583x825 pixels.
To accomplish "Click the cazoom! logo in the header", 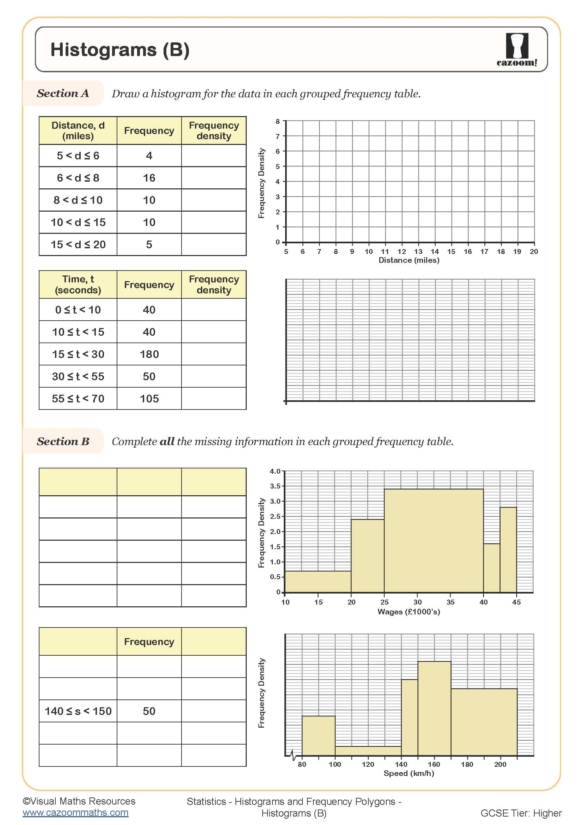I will coord(517,50).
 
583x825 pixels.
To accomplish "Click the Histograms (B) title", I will coord(120,50).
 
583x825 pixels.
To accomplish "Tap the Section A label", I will coord(63,93).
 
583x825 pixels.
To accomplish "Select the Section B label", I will coord(63,441).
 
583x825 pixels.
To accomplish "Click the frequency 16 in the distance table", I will coord(149,178).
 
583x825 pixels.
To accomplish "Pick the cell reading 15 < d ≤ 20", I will coord(78,245).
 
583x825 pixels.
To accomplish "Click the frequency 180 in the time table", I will coord(149,354).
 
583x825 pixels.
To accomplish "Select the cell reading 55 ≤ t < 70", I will coord(78,399).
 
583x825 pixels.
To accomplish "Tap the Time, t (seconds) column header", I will coord(78,285).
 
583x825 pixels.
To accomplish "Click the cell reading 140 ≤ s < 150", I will coord(78,711).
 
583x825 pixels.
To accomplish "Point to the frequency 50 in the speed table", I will coord(149,711).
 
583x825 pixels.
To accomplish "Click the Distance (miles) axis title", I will coord(409,260).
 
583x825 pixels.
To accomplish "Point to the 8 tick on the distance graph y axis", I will coord(277,121).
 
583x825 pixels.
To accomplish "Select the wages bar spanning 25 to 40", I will coord(434,540).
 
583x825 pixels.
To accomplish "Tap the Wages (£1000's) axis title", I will coord(409,612).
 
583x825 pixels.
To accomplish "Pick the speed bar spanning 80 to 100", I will coord(318,736).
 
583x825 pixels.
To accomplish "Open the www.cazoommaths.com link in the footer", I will coord(75,813).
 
